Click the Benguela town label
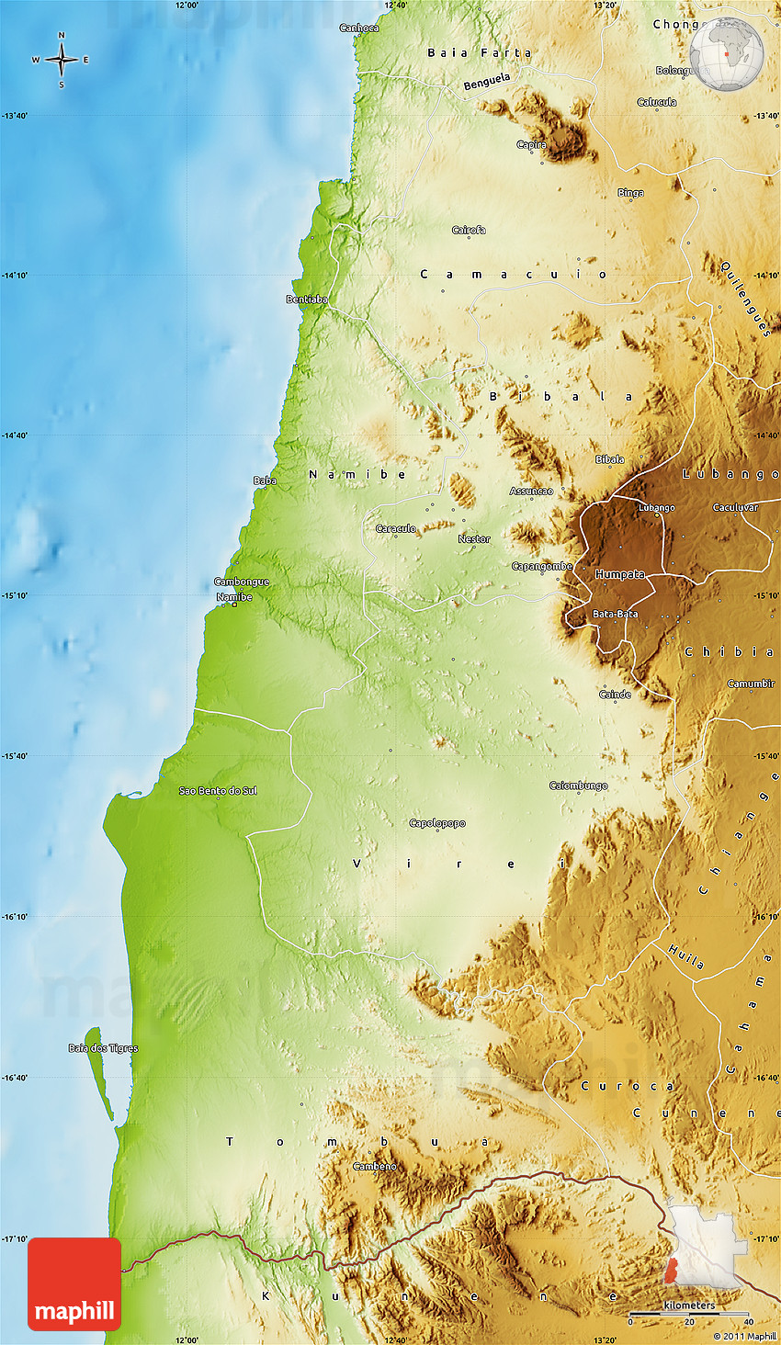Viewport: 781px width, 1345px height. (487, 83)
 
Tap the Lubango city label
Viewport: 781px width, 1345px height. (656, 507)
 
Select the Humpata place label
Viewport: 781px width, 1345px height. (620, 574)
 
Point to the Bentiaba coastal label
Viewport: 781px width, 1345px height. (307, 300)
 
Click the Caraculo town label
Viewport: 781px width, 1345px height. (396, 528)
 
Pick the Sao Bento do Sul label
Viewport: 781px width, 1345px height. (218, 791)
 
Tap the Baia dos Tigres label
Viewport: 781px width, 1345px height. (103, 1048)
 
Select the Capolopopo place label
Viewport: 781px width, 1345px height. (437, 823)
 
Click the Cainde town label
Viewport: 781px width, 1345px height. (615, 695)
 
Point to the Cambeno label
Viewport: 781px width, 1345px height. (375, 1167)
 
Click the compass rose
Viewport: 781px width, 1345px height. (62, 61)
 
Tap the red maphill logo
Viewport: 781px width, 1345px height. (74, 1283)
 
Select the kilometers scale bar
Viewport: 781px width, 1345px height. (689, 1314)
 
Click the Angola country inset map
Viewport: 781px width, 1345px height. (702, 1248)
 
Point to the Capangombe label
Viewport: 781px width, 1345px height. (542, 567)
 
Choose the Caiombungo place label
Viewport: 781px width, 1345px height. (578, 786)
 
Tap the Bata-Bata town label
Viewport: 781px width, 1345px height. (615, 614)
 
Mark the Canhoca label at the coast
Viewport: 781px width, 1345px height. (358, 28)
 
